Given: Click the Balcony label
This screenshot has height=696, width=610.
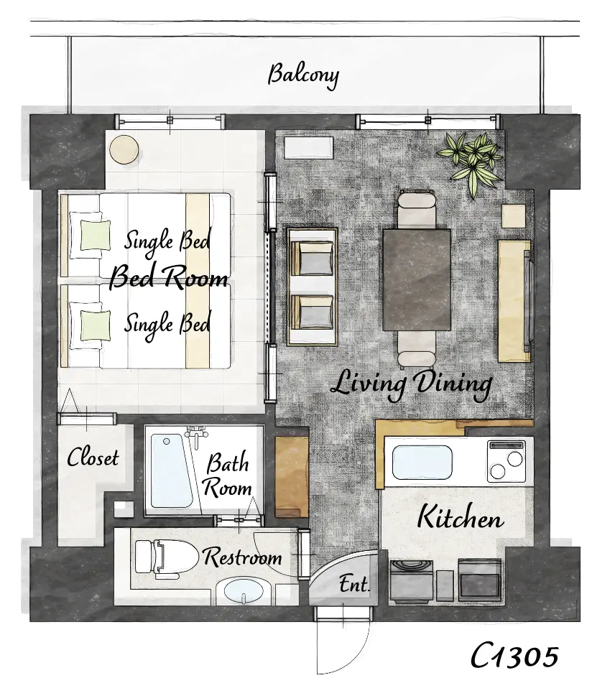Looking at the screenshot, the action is coord(303,75).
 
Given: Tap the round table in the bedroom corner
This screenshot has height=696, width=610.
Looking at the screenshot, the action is coord(124,149).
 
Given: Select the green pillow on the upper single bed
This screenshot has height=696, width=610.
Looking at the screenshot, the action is coord(95,235).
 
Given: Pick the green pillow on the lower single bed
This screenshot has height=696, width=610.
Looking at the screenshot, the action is coord(95,325).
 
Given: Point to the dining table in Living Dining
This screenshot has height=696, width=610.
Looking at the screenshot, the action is coord(417,280).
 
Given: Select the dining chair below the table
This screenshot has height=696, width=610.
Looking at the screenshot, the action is coord(416,350).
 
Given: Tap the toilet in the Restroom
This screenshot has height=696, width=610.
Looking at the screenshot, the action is coord(165,557).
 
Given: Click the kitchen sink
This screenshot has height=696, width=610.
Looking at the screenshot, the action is coord(422,462).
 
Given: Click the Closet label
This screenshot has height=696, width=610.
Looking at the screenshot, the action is coord(93,458).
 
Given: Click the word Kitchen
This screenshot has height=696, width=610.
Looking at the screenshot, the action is coord(461,517).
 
